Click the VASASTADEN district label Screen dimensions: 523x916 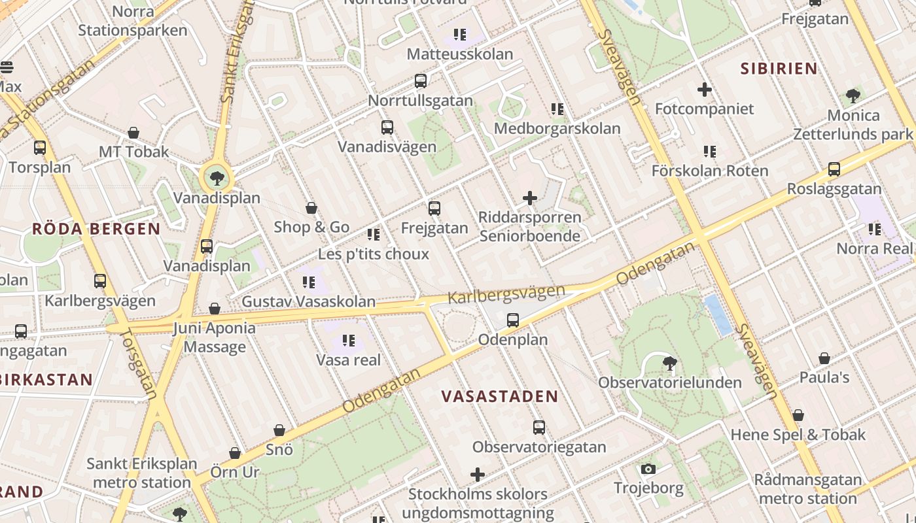pyautogui.click(x=499, y=396)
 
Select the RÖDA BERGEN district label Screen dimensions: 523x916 pyautogui.click(x=96, y=229)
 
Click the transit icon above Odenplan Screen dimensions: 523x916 pyautogui.click(x=513, y=320)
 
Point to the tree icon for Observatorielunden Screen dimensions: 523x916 pyautogui.click(x=669, y=363)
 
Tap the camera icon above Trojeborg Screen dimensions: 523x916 pyautogui.click(x=648, y=469)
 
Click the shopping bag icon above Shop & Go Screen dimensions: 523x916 pyautogui.click(x=311, y=208)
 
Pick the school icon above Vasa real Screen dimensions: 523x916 pyautogui.click(x=349, y=340)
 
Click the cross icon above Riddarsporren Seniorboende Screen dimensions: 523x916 pyautogui.click(x=530, y=197)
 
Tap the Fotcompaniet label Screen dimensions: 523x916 pyautogui.click(x=704, y=109)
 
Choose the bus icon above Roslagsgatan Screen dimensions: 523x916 pyautogui.click(x=834, y=169)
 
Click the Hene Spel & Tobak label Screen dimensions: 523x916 pyautogui.click(x=798, y=435)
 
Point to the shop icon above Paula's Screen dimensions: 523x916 pyautogui.click(x=824, y=358)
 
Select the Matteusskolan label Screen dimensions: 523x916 pyautogui.click(x=459, y=54)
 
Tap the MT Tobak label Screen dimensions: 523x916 pyautogui.click(x=133, y=152)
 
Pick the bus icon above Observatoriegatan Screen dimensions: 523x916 pyautogui.click(x=539, y=428)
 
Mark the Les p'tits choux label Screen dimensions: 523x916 pyautogui.click(x=373, y=254)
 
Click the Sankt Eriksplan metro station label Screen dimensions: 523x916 pyautogui.click(x=141, y=473)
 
